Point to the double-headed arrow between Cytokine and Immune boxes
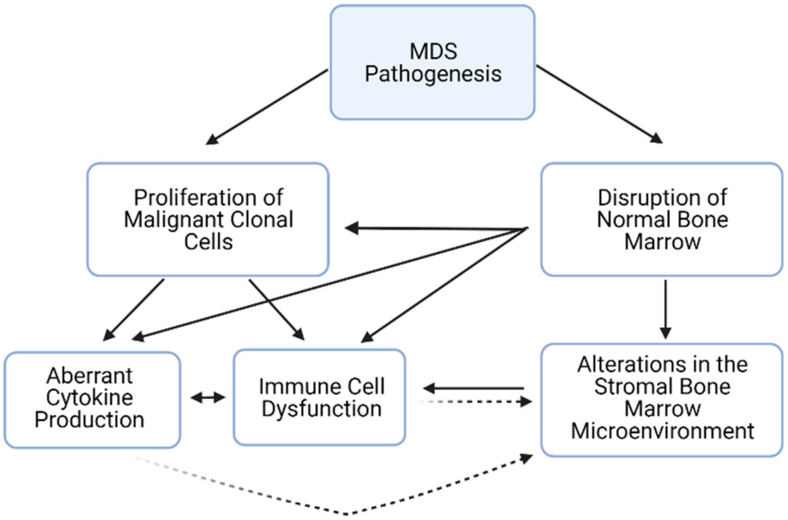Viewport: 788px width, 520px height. point(208,398)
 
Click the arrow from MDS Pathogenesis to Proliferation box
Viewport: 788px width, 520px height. point(267,107)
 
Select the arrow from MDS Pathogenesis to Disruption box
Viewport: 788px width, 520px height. point(599,104)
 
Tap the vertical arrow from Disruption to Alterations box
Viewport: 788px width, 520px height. point(665,308)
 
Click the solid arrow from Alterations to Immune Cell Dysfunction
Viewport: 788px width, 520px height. point(475,388)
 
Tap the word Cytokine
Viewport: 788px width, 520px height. point(89,398)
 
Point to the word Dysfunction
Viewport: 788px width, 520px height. point(322,409)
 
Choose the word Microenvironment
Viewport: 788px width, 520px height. point(662,431)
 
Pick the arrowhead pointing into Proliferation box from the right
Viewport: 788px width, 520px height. point(352,228)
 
